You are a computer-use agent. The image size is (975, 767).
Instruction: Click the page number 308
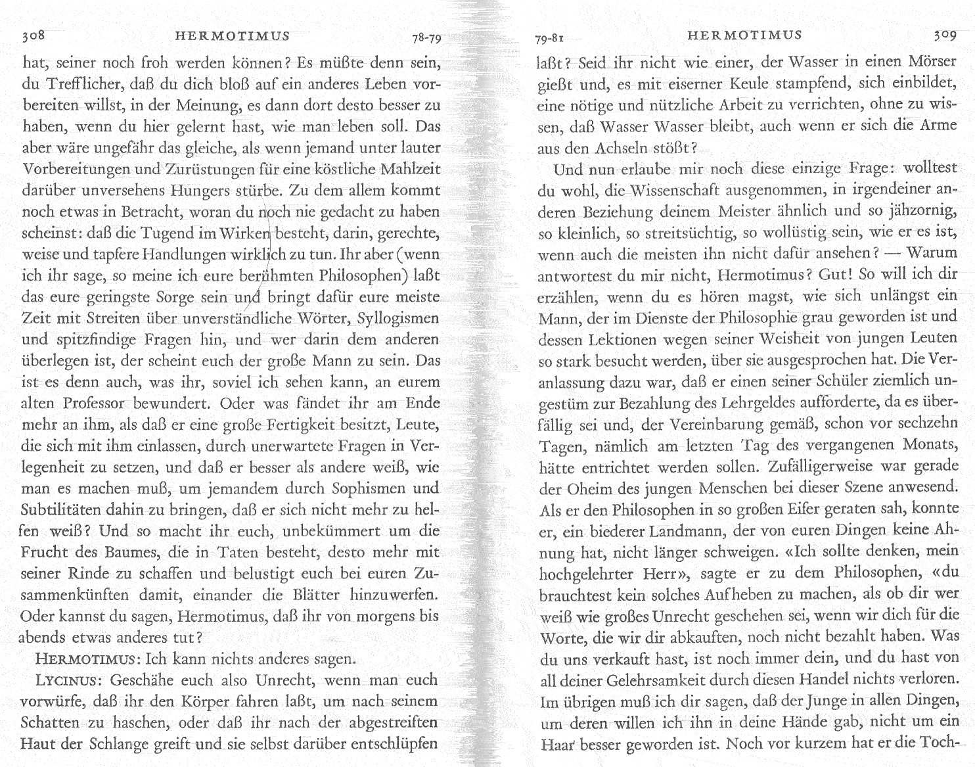point(34,36)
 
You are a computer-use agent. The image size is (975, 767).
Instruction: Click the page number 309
point(944,35)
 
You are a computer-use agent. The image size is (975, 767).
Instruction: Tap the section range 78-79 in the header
point(427,38)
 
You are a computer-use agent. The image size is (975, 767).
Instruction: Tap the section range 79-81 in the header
point(552,38)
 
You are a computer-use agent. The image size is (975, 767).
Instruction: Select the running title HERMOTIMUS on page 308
point(233,36)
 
